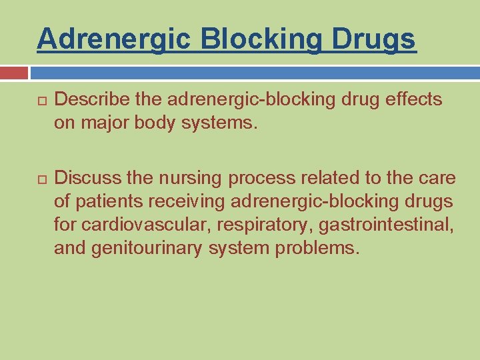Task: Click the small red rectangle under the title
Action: click(x=14, y=73)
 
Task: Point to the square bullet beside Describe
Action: click(x=41, y=101)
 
